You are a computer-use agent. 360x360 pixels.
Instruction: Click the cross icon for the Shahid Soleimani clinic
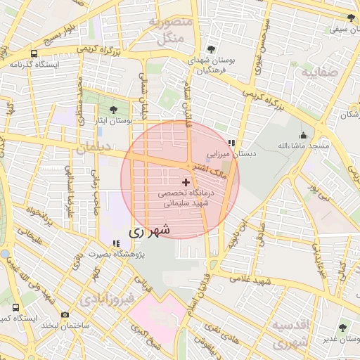tap(186, 182)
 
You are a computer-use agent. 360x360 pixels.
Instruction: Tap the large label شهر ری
tap(150, 230)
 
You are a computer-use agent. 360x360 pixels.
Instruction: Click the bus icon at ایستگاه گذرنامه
tap(34, 53)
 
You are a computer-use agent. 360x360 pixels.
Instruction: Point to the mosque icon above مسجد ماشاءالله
tap(303, 135)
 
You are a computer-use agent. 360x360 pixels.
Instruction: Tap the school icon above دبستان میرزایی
tap(231, 143)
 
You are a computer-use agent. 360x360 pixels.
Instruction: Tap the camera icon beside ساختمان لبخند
tap(65, 314)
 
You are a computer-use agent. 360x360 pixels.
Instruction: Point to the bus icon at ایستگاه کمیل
tap(16, 308)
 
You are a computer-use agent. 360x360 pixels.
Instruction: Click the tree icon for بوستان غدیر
tap(342, 327)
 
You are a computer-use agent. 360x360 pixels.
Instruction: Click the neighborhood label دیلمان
tap(91, 148)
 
